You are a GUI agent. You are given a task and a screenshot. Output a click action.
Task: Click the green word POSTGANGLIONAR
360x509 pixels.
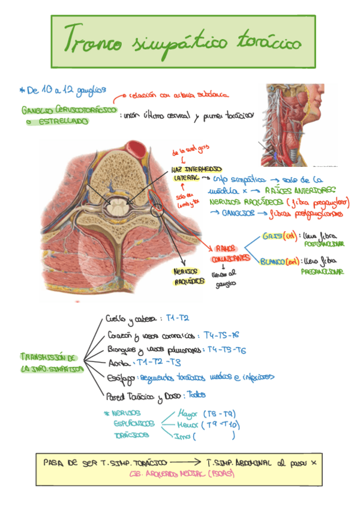[324, 245]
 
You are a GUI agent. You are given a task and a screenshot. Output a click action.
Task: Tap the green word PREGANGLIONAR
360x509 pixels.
[323, 271]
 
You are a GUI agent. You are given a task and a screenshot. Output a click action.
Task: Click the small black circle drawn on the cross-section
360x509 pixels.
[158, 211]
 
